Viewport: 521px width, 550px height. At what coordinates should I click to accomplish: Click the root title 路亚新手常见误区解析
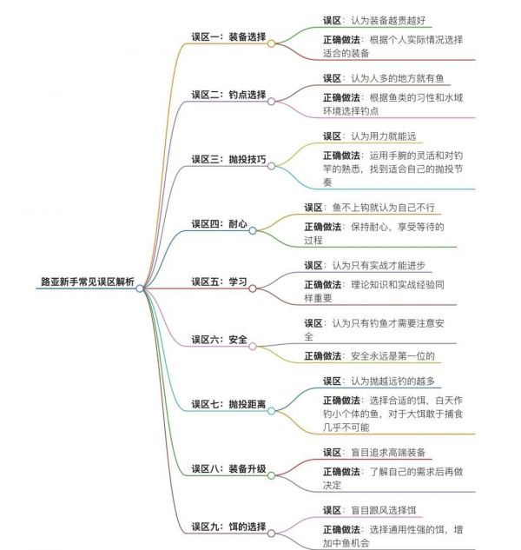(88, 282)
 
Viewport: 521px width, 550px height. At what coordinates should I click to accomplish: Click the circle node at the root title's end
(140, 288)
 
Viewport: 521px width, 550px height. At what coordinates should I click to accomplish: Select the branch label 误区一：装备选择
(228, 36)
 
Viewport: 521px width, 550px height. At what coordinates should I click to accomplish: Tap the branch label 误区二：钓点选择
(228, 95)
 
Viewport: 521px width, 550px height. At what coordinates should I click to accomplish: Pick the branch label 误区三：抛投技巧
(228, 159)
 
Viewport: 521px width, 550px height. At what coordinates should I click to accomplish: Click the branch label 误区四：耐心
(219, 224)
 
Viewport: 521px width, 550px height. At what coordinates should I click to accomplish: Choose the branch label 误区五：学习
(219, 282)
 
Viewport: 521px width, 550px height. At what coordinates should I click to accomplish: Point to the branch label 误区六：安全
(219, 340)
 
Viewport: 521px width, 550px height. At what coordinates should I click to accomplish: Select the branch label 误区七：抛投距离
(228, 404)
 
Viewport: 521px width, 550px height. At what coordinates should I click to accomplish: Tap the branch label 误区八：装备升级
(228, 468)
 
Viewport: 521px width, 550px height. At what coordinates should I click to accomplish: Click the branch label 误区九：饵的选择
(228, 527)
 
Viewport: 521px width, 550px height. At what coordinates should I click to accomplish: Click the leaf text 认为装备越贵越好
(388, 20)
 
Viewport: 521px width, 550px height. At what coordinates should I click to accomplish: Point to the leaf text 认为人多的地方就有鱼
(398, 78)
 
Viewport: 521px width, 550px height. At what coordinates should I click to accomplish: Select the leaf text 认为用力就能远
(384, 136)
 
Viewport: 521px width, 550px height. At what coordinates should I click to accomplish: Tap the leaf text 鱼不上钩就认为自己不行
(384, 208)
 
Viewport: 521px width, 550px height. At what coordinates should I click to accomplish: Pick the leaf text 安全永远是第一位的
(392, 356)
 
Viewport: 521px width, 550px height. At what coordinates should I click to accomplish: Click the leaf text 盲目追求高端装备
(388, 453)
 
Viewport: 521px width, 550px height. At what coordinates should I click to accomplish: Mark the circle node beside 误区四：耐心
(253, 230)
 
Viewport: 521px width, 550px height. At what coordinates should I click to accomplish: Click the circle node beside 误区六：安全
(253, 347)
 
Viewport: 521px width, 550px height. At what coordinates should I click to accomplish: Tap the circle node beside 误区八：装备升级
(271, 475)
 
